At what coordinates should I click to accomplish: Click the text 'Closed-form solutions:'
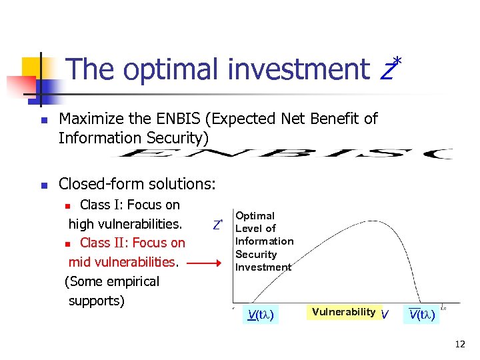[x=137, y=183]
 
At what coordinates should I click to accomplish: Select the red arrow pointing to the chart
[x=207, y=263]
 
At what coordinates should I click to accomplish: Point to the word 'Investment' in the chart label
[x=263, y=267]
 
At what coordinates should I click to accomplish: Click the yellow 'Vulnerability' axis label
[x=343, y=312]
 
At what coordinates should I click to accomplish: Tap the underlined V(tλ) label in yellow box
[x=261, y=315]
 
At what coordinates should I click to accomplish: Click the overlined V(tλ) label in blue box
[x=422, y=315]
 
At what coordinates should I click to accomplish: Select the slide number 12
[x=459, y=344]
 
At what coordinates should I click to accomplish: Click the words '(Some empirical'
[x=111, y=281]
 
